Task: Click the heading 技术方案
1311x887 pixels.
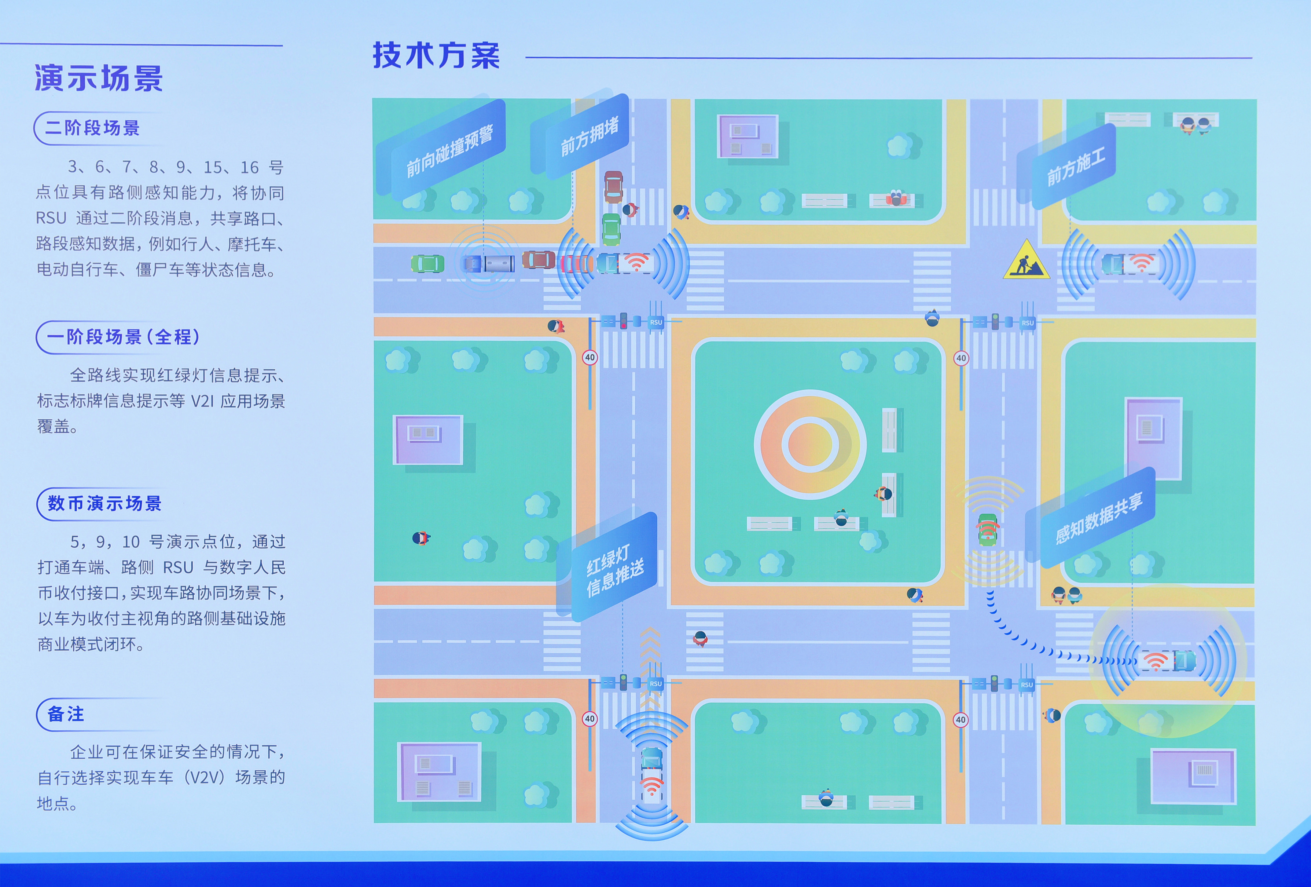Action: (x=436, y=55)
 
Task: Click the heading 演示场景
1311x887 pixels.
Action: (x=99, y=78)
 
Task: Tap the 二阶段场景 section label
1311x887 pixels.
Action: (x=92, y=128)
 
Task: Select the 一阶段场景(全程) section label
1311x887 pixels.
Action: (x=123, y=337)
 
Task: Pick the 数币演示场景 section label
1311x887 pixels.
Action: (x=104, y=503)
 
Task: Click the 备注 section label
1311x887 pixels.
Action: (x=66, y=714)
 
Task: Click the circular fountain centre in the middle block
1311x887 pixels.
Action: (x=809, y=444)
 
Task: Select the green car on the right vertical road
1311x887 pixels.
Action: (x=987, y=529)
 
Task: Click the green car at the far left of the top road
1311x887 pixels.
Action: (x=427, y=263)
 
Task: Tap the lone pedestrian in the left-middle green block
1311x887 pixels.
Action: (x=420, y=538)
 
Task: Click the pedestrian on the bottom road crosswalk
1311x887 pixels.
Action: (x=700, y=639)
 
